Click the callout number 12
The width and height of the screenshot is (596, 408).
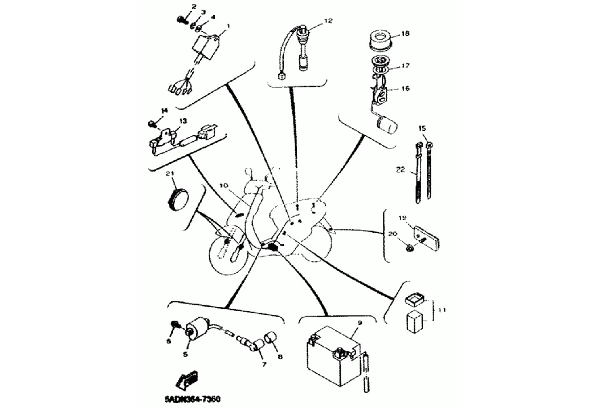tap(328, 21)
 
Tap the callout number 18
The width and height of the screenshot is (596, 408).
tap(405, 34)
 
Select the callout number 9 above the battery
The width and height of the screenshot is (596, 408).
tap(359, 323)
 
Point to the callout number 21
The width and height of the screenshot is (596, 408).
tap(169, 173)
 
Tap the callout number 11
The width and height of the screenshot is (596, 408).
tap(442, 310)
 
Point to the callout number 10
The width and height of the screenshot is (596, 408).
tap(223, 186)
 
